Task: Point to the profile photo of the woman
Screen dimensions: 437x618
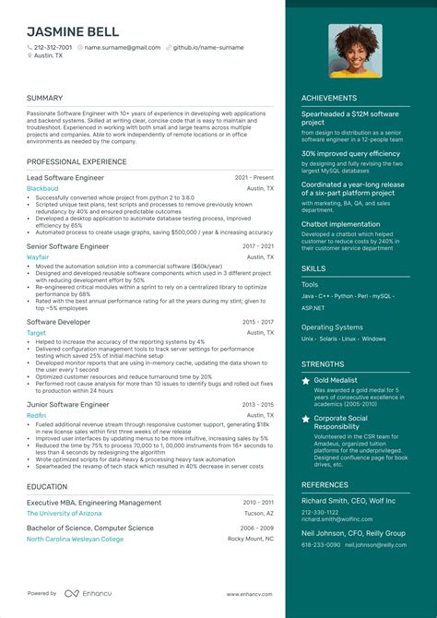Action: tap(355, 51)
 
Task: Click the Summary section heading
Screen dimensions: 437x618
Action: tap(44, 98)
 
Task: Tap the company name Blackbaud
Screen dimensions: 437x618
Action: tap(42, 188)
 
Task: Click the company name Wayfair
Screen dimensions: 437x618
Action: tap(39, 259)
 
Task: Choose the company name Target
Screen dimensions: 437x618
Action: tap(37, 332)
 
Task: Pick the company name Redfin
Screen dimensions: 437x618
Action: tap(37, 415)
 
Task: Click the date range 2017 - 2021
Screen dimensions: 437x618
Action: tap(257, 247)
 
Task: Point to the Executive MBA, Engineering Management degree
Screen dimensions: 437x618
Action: tap(95, 502)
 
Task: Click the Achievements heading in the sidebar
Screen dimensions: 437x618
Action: tap(328, 98)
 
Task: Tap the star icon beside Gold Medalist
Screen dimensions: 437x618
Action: tap(306, 380)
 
